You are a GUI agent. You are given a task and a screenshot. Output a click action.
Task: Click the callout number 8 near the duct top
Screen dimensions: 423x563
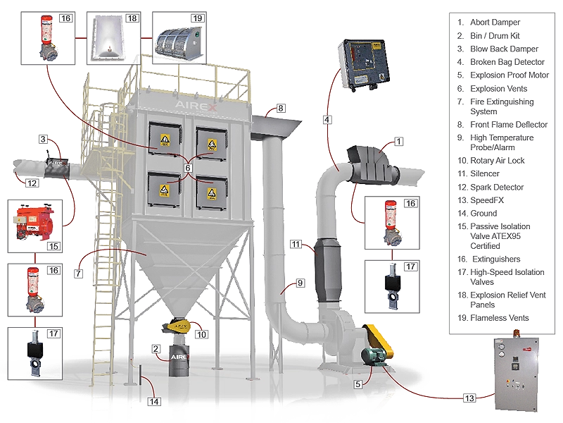(280, 108)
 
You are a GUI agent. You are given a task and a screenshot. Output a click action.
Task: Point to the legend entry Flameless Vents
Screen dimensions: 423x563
(493, 318)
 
